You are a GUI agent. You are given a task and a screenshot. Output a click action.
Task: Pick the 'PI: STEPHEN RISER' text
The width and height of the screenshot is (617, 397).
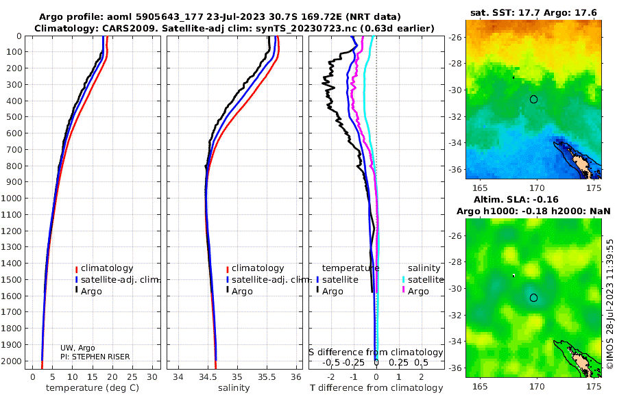click(95, 357)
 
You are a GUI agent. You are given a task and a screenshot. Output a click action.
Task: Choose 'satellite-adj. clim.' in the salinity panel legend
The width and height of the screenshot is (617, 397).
click(271, 279)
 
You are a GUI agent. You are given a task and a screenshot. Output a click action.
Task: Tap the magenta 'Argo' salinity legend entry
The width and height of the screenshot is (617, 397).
click(418, 291)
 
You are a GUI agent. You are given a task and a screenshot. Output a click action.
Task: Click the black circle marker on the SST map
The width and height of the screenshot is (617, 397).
click(533, 99)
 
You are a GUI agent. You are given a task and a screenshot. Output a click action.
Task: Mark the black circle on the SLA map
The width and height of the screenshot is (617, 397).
click(533, 298)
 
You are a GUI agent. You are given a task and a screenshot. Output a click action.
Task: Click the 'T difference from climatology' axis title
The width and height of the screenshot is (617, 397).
click(376, 388)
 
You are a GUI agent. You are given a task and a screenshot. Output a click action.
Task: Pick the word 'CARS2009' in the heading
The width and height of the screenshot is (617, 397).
click(112, 27)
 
